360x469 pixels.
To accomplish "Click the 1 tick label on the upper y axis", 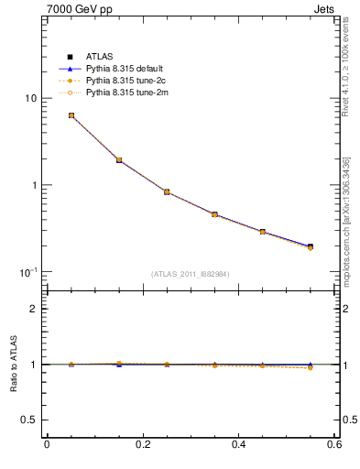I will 33,185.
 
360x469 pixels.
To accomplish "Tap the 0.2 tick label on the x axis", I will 143,445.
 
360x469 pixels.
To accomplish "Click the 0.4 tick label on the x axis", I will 239,445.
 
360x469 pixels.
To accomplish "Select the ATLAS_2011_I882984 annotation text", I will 191,274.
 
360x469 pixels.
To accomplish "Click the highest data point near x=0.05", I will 71,115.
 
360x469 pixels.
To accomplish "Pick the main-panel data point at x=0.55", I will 311,246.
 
